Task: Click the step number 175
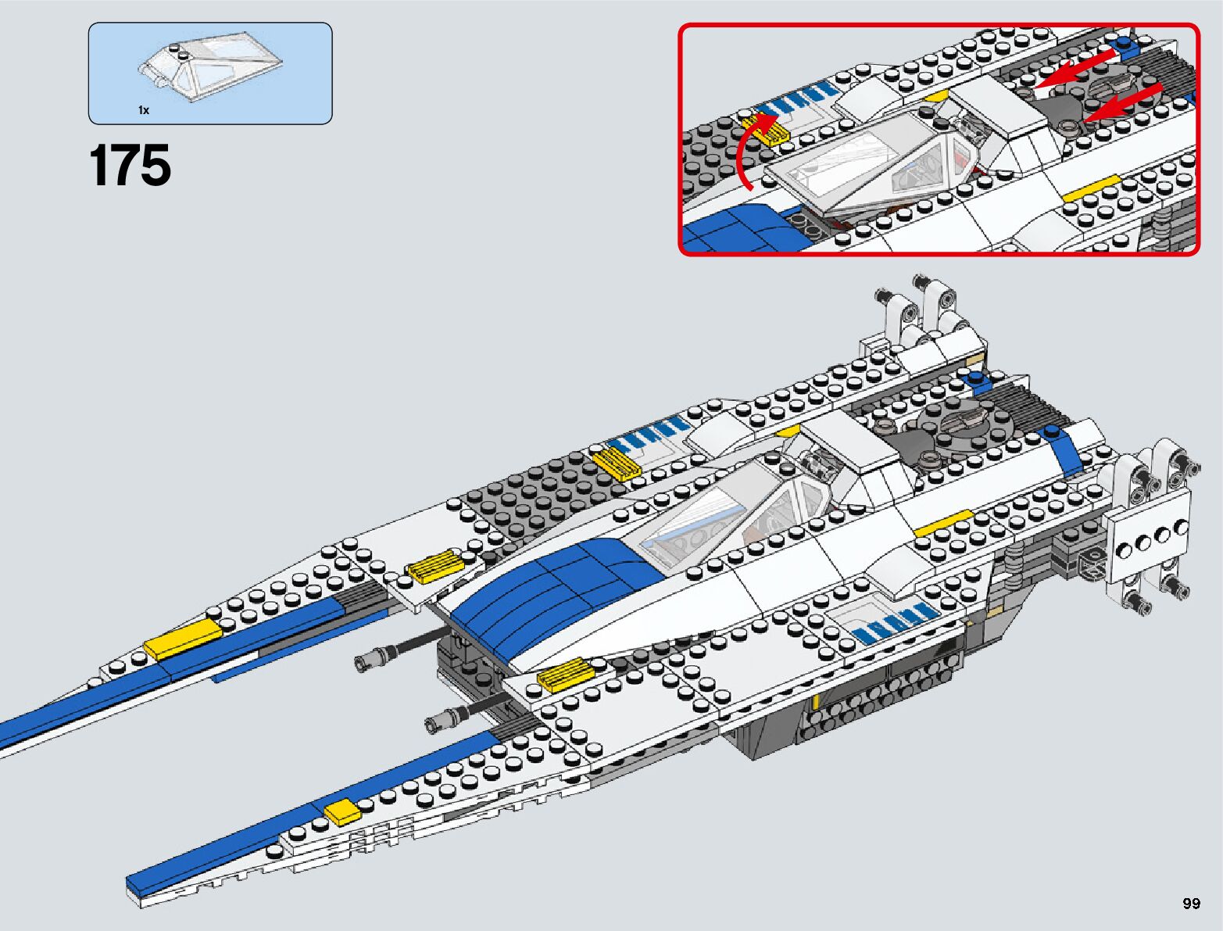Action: click(x=130, y=166)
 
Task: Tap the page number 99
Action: click(x=1190, y=904)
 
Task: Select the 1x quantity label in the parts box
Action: click(x=144, y=110)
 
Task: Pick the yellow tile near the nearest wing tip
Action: click(x=341, y=813)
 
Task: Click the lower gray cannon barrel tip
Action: click(x=434, y=723)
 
